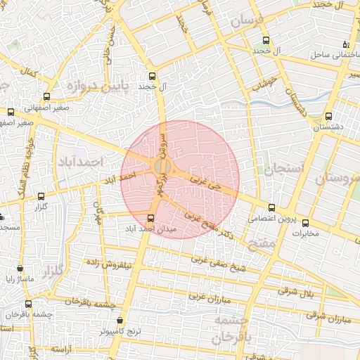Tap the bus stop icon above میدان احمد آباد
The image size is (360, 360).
pos(150,217)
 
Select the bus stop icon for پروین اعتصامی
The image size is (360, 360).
pos(272,207)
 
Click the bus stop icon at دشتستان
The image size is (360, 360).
pos(329,116)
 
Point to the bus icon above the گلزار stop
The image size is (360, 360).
pos(41,197)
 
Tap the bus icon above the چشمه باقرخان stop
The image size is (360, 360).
pos(29,304)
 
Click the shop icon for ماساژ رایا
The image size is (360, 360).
pos(20,269)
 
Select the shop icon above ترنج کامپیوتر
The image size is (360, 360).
pos(120,320)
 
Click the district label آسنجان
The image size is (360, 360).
pos(283,168)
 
